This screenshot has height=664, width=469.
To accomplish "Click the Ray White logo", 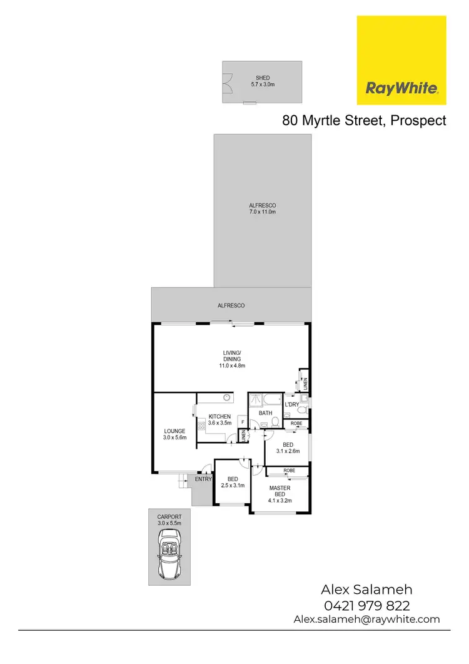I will click(401, 60).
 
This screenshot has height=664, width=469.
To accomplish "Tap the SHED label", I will click(263, 78).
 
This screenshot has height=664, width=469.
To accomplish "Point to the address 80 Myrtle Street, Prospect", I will click(364, 121).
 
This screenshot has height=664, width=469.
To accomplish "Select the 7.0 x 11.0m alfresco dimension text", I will click(262, 212).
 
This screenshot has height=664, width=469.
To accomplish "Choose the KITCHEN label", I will click(219, 416).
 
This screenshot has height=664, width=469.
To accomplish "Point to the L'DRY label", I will click(292, 405).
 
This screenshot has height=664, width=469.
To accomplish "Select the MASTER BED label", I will click(280, 491).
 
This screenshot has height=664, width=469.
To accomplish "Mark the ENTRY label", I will click(203, 479).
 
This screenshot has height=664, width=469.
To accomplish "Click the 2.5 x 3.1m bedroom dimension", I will click(231, 485).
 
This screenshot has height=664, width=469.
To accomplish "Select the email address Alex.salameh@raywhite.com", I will click(366, 619).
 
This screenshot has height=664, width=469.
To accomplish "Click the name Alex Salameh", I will click(366, 590).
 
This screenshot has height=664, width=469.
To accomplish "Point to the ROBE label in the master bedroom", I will click(289, 470).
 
